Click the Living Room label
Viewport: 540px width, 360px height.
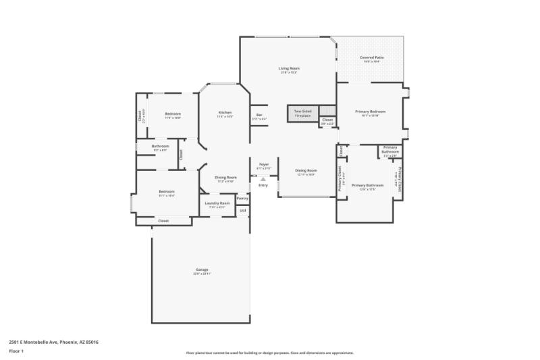click(289, 68)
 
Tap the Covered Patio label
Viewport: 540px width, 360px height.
click(371, 58)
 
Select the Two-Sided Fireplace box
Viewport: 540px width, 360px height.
click(302, 113)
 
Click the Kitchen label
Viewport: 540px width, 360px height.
click(225, 112)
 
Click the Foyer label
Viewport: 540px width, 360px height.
click(263, 164)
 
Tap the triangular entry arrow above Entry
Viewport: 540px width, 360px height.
click(263, 179)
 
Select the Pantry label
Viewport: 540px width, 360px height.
click(242, 198)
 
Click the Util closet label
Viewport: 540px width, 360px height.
click(242, 211)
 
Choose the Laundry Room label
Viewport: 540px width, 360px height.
click(217, 203)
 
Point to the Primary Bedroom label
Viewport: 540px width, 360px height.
click(371, 111)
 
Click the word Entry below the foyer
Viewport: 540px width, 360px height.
click(263, 185)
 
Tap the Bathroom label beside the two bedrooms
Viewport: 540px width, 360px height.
click(160, 147)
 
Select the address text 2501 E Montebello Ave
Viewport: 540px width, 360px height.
click(53, 342)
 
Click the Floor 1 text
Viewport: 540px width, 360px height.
click(16, 351)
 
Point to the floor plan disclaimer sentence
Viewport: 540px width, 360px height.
click(269, 353)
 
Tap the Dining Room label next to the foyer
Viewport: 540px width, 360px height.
click(306, 170)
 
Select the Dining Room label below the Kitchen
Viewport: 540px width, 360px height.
click(225, 177)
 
